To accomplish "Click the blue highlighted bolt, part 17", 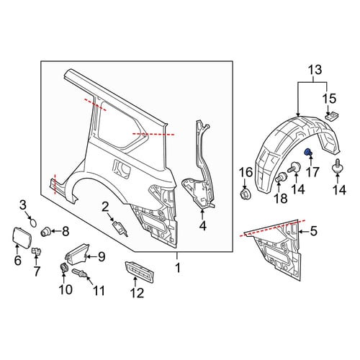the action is pos(307,152).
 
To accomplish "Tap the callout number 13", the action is pos(315,70).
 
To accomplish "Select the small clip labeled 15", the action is pos(331,117).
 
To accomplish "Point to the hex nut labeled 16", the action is pos(245,193).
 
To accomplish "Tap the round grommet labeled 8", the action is pos(45,231).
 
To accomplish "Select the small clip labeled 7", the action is pos(37,251).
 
